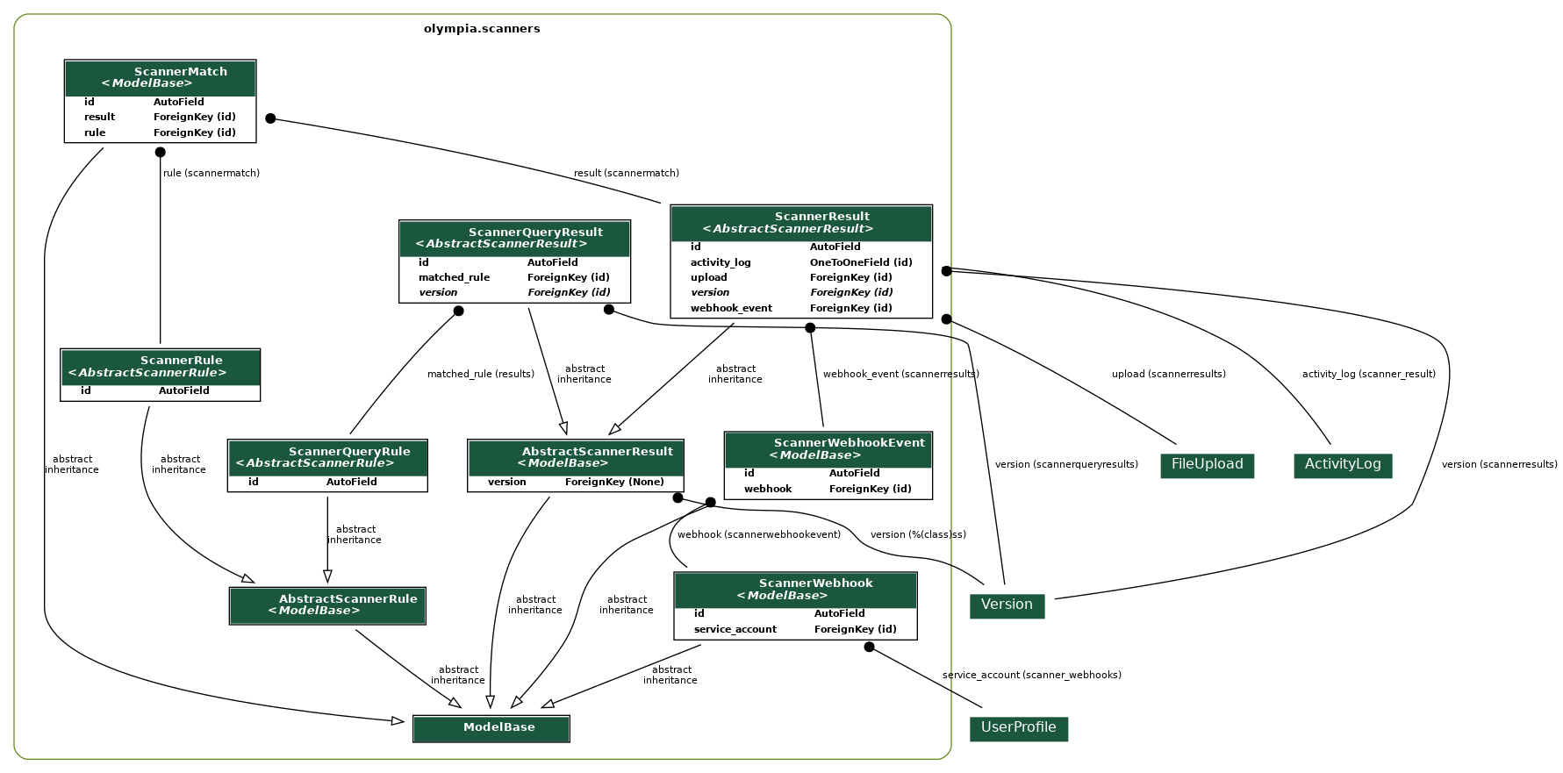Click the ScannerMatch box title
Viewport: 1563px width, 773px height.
[x=180, y=72]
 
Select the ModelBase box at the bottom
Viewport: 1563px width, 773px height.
[x=491, y=727]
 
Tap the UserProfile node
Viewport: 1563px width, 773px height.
[x=1018, y=727]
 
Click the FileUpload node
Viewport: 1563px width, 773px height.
[x=1207, y=464]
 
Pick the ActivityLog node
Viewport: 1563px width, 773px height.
[x=1342, y=464]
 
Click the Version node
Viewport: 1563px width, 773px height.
[x=1007, y=605]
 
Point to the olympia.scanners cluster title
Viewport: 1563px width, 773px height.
[x=482, y=29]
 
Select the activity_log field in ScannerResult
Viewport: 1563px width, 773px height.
[x=720, y=262]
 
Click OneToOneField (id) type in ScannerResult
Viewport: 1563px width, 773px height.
[x=860, y=262]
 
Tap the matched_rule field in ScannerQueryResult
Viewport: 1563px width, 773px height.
[x=454, y=277]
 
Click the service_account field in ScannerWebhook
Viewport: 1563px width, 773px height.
[x=735, y=629]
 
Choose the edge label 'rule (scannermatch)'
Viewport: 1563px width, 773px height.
[x=212, y=173]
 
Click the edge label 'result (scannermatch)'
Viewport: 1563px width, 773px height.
[x=626, y=173]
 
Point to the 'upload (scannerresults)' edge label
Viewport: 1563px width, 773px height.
[x=1168, y=374]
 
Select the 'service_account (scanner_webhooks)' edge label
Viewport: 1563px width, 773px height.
[x=1031, y=675]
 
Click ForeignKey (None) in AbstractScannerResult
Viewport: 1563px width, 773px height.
[x=614, y=482]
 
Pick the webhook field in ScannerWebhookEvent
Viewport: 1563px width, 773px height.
[x=767, y=489]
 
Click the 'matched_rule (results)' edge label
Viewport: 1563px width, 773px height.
[x=480, y=374]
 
